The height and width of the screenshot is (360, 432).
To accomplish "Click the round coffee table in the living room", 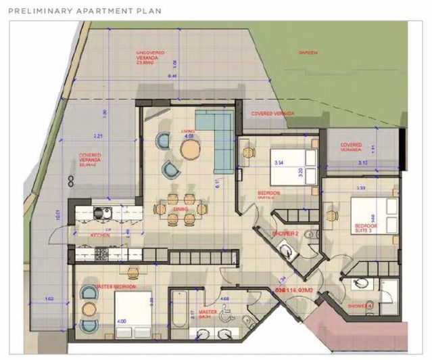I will (x=189, y=148).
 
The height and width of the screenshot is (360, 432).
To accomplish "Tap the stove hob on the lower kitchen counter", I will (x=103, y=254).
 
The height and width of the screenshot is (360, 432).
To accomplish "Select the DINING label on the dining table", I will (x=179, y=210).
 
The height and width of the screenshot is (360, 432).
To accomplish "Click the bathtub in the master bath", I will (x=181, y=309).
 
